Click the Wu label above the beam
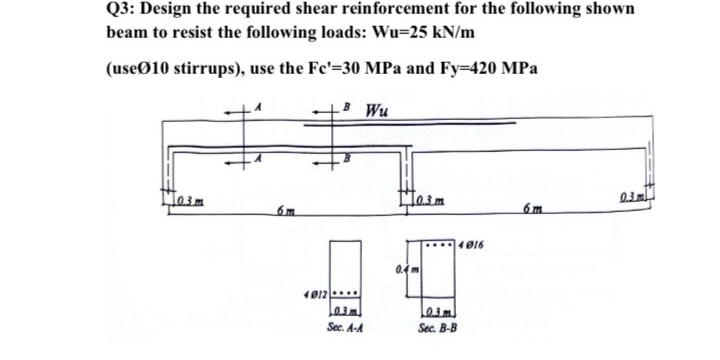tap(377, 107)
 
